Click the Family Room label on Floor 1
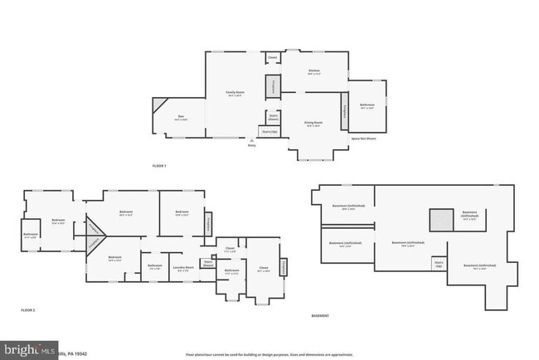pos(236,93)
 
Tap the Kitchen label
pos(314,72)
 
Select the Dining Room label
pos(314,124)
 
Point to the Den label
pos(180,118)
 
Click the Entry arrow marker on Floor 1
pos(252,142)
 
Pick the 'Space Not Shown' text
pos(363,139)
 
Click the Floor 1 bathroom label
pos(367,105)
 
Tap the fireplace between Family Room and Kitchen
pos(271,85)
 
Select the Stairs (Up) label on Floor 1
pos(269,131)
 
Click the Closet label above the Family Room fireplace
pos(272,58)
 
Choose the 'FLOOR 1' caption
pos(159,167)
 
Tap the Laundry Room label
pos(183,268)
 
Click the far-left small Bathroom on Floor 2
pos(31,236)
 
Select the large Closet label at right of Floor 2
pos(264,268)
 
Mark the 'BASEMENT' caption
pos(319,316)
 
